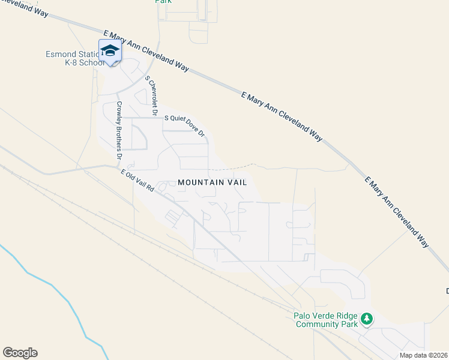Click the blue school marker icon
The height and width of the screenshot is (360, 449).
109,50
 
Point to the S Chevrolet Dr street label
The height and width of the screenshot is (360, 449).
151,95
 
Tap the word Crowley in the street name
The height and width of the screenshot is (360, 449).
118,111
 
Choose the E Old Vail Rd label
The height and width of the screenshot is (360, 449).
137,180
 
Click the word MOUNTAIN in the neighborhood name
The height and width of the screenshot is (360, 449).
200,182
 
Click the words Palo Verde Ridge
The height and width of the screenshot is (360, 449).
322,316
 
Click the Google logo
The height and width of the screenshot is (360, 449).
20,353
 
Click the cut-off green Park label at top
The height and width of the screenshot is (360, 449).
163,2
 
